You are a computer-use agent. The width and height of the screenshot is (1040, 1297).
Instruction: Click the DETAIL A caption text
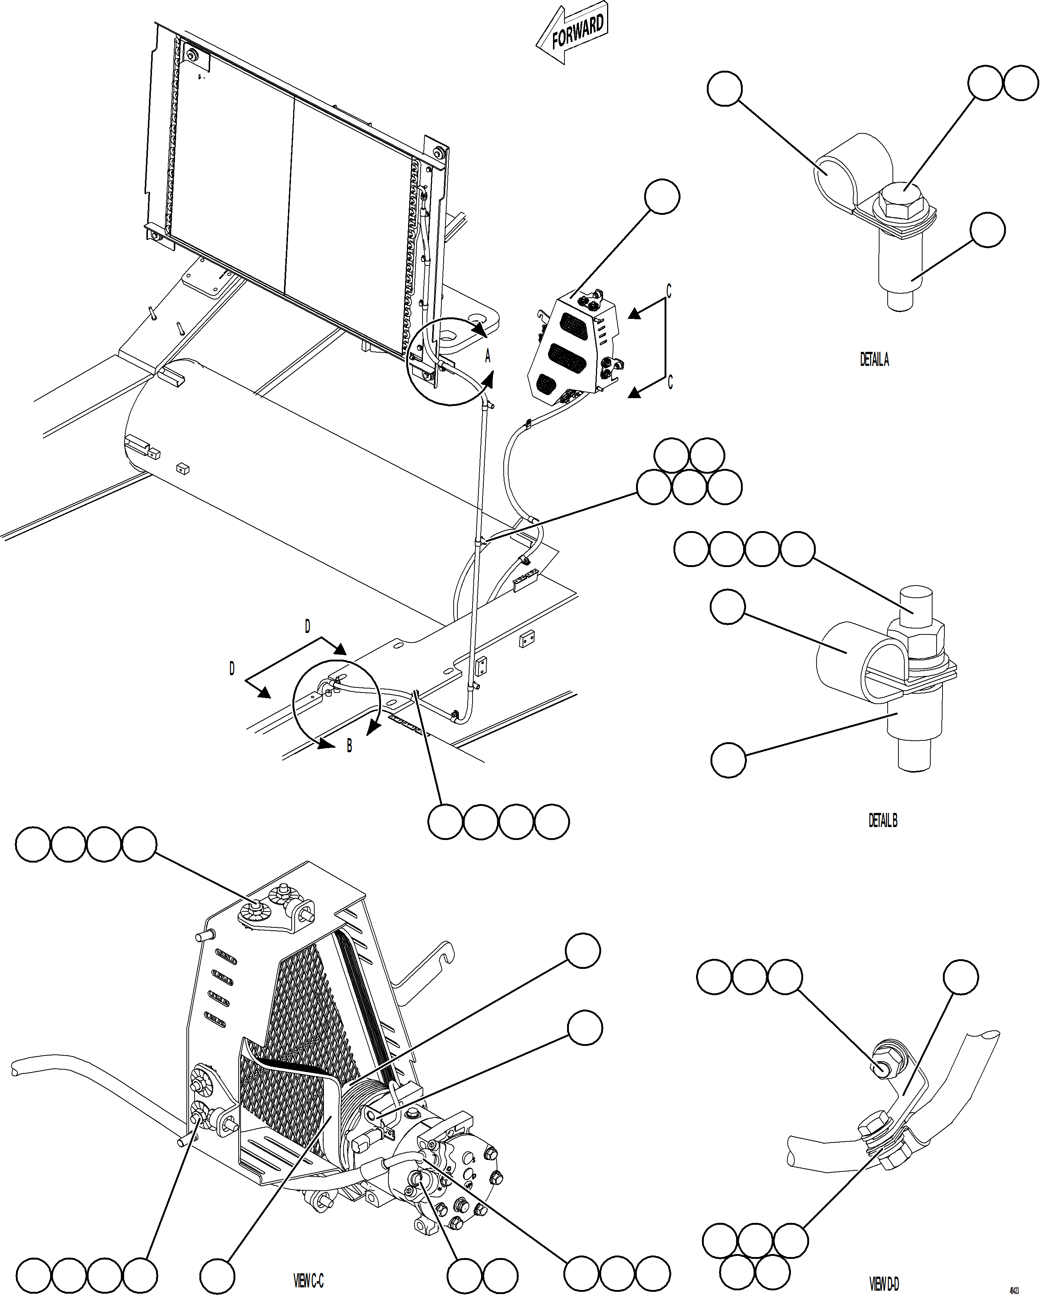[874, 360]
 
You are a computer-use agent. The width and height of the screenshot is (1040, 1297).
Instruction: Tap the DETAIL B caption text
[882, 821]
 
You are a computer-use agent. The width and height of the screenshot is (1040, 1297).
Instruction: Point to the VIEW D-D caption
[884, 1284]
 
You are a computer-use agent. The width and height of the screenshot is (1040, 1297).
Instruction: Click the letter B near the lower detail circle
[349, 746]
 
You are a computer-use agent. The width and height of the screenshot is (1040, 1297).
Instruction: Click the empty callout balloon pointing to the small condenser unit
[662, 196]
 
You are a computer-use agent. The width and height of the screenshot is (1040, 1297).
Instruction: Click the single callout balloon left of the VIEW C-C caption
[217, 1274]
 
